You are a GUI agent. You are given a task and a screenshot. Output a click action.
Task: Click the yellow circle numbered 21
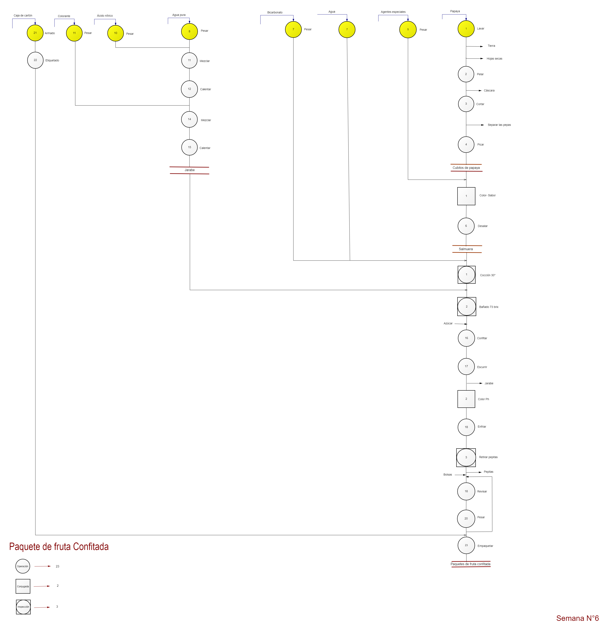click(35, 33)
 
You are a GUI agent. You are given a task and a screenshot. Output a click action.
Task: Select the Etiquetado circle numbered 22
click(35, 60)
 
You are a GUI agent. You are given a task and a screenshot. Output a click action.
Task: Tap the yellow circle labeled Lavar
click(466, 29)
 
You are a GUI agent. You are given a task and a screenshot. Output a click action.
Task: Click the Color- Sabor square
click(466, 196)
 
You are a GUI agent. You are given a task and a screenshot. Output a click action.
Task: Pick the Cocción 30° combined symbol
click(467, 275)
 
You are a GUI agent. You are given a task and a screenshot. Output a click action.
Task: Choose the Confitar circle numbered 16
click(466, 338)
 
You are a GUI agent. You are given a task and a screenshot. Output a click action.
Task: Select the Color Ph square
click(466, 399)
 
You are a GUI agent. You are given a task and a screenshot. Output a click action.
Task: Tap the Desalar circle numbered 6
click(466, 226)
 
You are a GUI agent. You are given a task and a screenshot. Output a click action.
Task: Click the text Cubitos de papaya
click(466, 168)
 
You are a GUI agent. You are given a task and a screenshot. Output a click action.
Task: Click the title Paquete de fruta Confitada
click(59, 547)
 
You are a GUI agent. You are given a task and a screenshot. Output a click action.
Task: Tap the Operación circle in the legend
click(23, 566)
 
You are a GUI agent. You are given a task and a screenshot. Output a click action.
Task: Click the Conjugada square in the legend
click(23, 586)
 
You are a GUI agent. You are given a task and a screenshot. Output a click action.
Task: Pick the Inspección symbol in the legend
click(23, 607)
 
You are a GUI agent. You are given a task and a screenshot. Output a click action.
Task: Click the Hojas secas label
click(494, 59)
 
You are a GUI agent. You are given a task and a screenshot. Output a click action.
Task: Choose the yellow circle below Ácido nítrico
click(115, 33)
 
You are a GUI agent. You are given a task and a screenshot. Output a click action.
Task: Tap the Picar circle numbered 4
click(466, 144)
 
